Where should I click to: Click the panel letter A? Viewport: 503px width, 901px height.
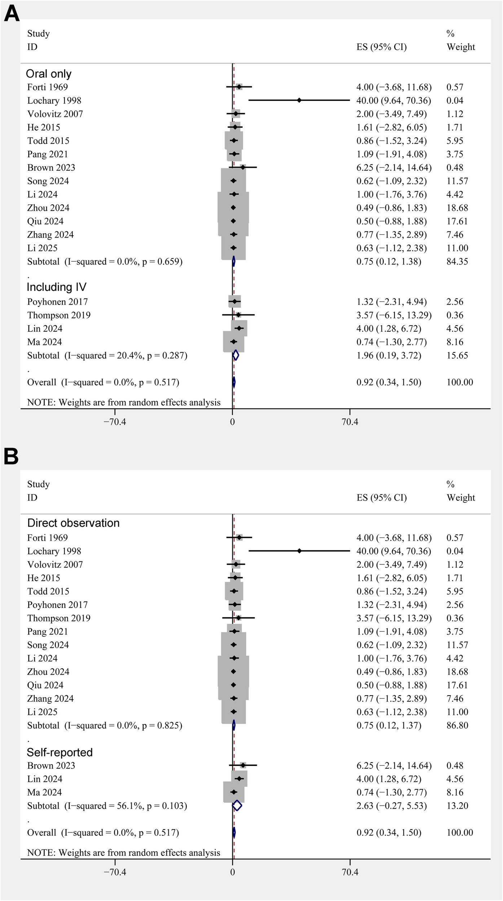click(12, 14)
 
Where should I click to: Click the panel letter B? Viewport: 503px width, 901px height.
click(11, 457)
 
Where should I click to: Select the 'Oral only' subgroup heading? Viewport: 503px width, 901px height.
click(49, 74)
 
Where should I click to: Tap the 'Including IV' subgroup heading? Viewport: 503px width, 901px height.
click(57, 287)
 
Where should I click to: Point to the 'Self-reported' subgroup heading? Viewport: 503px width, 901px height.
click(60, 752)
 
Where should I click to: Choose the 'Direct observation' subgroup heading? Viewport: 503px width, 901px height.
click(73, 523)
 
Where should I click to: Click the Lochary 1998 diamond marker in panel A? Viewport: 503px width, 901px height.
click(299, 101)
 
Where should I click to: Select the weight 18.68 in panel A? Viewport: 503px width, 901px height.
click(455, 208)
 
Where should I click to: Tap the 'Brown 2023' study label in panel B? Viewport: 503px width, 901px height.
click(51, 766)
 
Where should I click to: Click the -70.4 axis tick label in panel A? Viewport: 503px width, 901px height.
click(115, 422)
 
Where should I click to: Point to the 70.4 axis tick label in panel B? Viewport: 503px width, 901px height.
click(350, 872)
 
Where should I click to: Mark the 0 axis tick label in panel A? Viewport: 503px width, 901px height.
click(233, 422)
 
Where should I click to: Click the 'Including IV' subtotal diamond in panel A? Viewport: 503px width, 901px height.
click(235, 355)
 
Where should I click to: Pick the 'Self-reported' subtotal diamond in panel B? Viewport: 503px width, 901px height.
click(237, 806)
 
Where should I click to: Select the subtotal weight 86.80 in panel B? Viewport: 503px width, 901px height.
click(457, 725)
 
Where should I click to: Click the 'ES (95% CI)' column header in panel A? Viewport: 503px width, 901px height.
click(381, 47)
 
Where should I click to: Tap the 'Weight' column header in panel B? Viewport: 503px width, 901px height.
click(461, 498)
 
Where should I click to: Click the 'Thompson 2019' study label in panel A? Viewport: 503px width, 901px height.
click(59, 315)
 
